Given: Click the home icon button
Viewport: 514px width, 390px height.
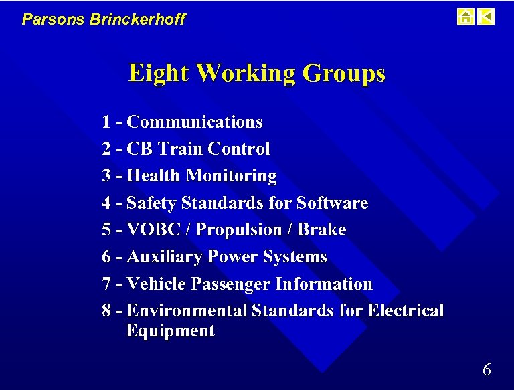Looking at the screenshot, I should (465, 17).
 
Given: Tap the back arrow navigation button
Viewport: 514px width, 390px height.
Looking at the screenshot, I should (487, 17).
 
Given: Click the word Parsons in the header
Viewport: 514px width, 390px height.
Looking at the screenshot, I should (44, 19).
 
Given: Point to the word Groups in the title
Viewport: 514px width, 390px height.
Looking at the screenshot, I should (344, 72).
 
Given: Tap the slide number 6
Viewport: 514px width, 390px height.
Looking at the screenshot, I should (487, 369).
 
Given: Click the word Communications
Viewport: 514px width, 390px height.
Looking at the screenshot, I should (194, 122).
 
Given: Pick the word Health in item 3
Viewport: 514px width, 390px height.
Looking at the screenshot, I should (153, 176).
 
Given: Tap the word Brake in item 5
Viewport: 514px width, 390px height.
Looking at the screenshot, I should (321, 230).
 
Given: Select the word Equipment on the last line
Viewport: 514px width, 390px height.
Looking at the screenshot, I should (170, 331).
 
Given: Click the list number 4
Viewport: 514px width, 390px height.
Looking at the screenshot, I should (107, 203).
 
